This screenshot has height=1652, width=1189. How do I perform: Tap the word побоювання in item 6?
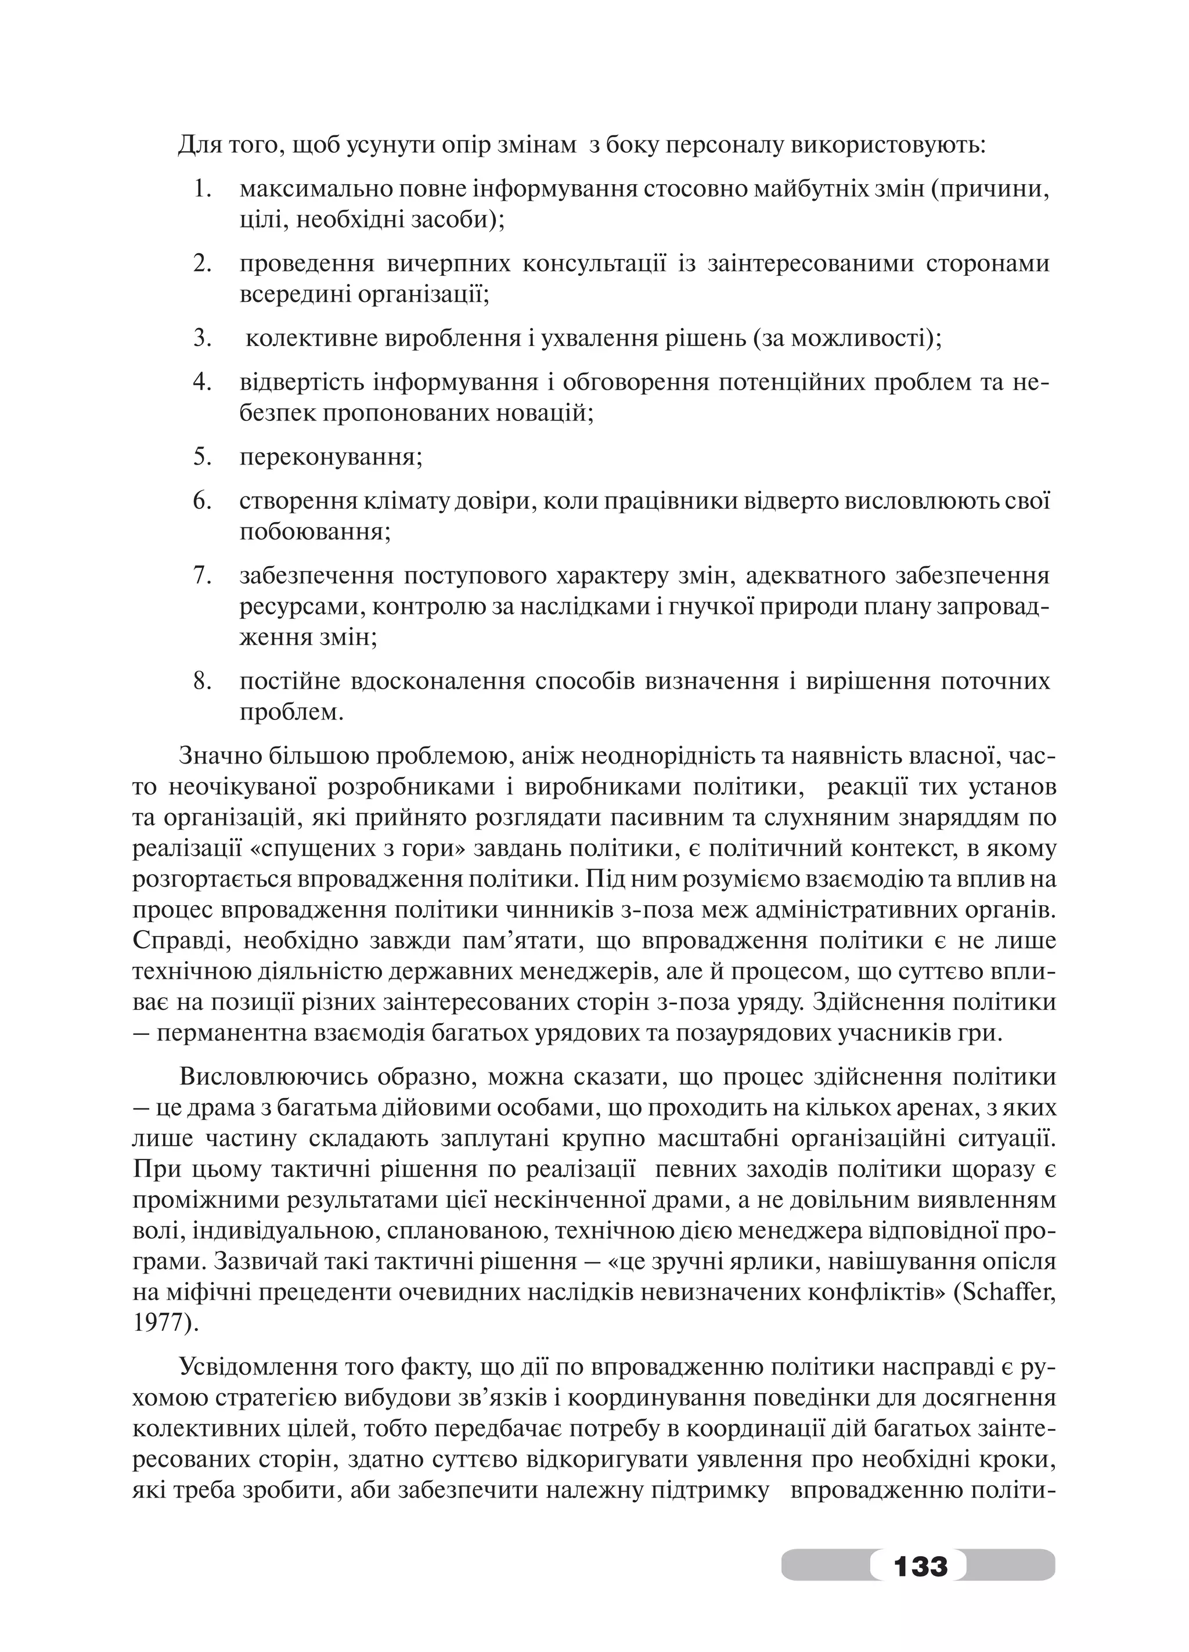(x=315, y=532)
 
